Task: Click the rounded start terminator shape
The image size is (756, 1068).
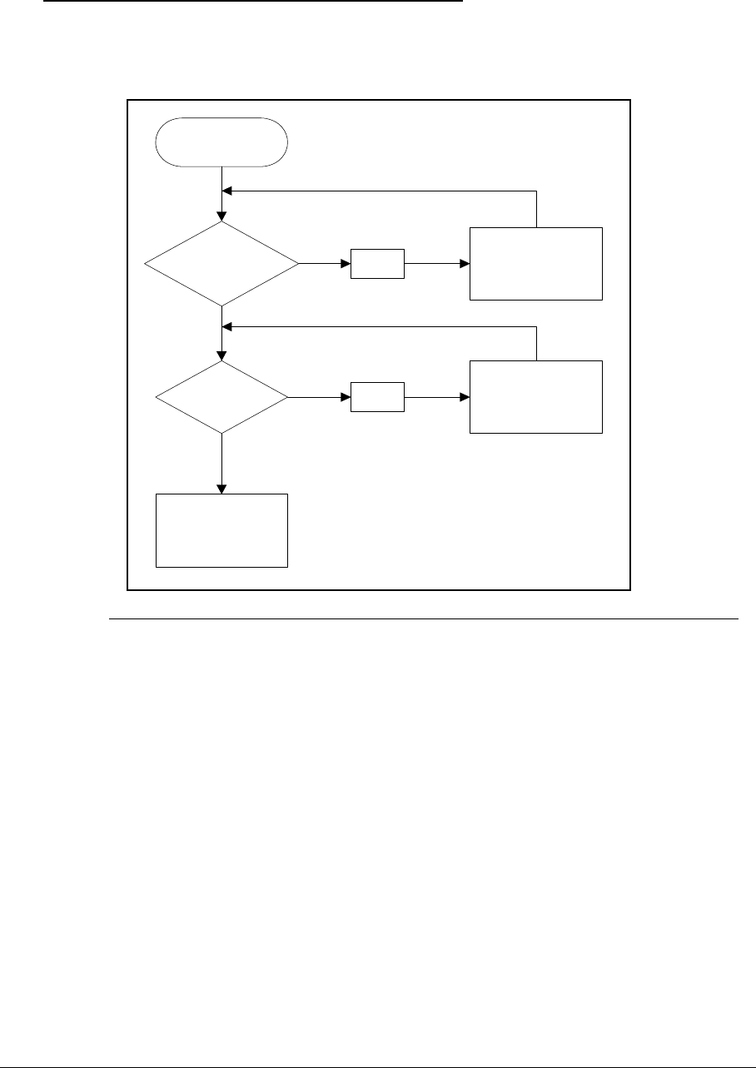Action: (221, 142)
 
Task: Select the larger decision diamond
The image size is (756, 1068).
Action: (221, 264)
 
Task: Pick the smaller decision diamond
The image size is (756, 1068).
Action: (221, 397)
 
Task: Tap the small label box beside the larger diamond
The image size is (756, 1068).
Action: (377, 264)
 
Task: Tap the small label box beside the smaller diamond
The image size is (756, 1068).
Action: (377, 397)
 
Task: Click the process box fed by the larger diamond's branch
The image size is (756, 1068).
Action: (536, 262)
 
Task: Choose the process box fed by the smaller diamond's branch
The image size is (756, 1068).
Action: (536, 397)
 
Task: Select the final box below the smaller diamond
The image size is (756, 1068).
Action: (221, 530)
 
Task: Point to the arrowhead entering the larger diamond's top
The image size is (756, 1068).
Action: (222, 216)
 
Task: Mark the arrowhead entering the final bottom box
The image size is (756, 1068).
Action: (222, 489)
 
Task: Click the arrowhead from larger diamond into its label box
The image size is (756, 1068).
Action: (346, 264)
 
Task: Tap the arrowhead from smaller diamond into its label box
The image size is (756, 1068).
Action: (346, 397)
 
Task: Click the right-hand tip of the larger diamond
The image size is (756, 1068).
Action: (298, 264)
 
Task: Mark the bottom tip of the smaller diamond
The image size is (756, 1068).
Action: (222, 433)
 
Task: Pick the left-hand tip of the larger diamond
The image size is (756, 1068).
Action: (145, 264)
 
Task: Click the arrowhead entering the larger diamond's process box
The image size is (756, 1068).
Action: (465, 264)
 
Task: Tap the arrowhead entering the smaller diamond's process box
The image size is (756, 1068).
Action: (465, 397)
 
